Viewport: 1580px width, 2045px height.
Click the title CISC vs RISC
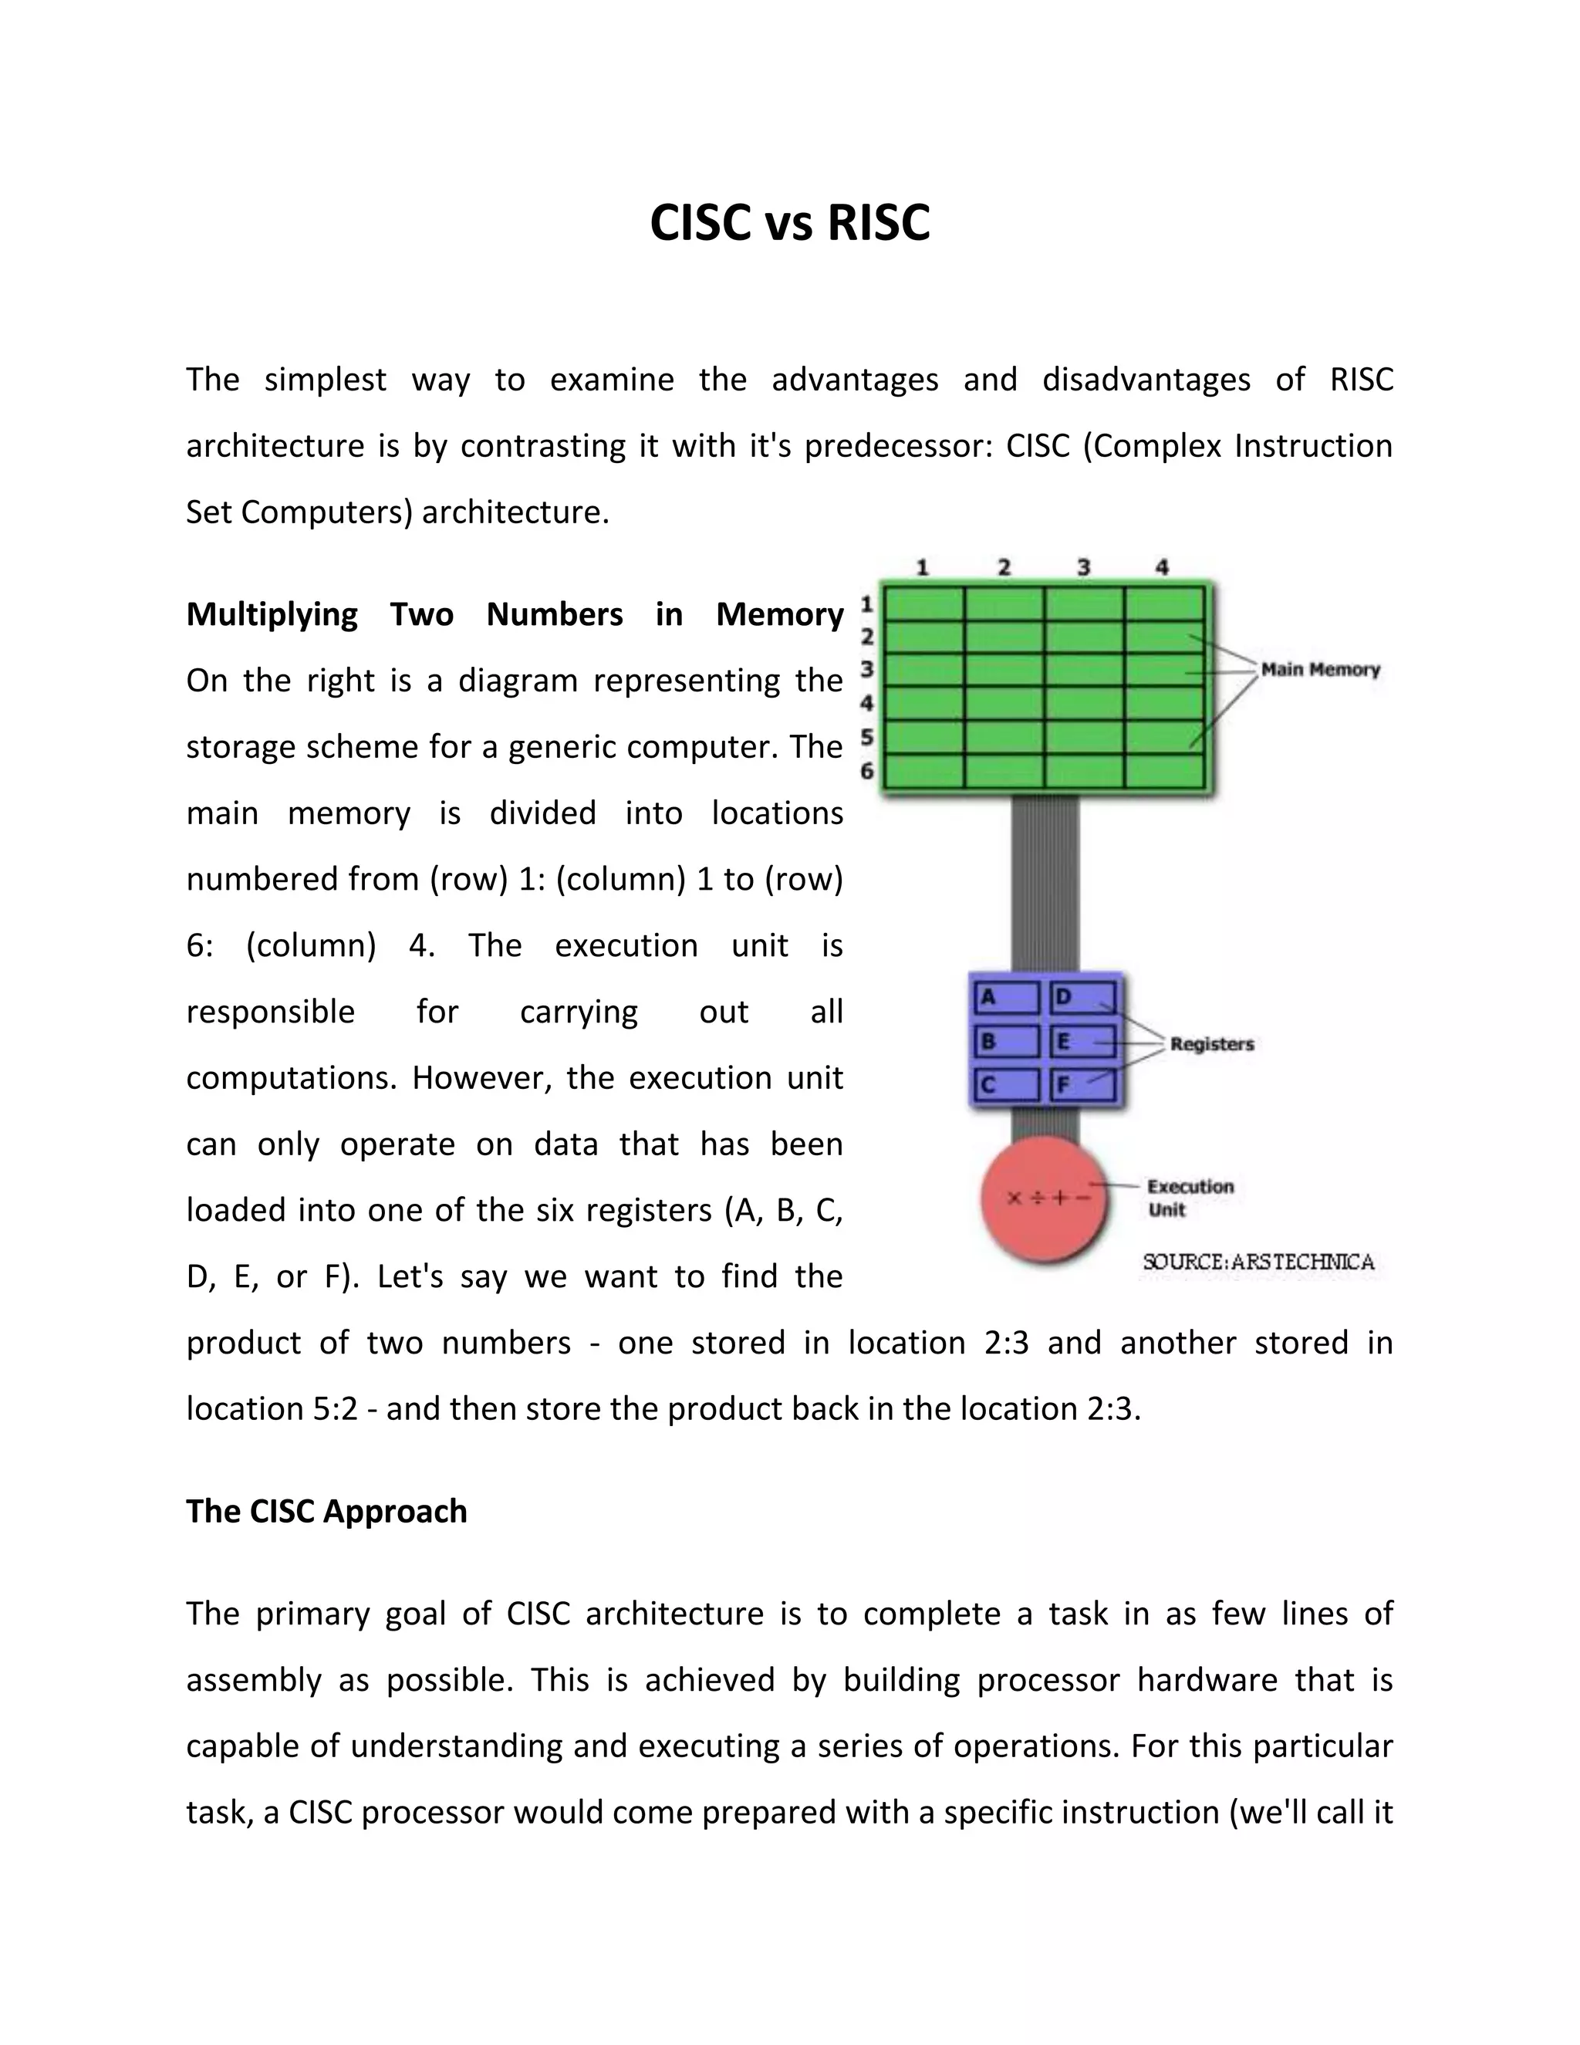click(789, 223)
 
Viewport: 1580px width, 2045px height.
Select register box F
click(1083, 1085)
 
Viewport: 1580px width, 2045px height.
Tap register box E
click(1083, 1041)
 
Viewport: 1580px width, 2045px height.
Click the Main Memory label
click(1320, 670)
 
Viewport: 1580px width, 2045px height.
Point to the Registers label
click(1211, 1044)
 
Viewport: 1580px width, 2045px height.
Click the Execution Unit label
click(1190, 1198)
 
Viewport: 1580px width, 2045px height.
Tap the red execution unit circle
click(1045, 1201)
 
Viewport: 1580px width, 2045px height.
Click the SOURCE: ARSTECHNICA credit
click(1258, 1262)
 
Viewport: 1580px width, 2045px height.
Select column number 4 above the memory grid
click(1162, 567)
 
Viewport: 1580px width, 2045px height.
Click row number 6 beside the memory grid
click(866, 771)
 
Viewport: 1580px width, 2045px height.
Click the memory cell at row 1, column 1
click(923, 603)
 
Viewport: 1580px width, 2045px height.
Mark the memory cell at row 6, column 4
click(1163, 772)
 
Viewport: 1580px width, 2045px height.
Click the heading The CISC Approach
click(326, 1511)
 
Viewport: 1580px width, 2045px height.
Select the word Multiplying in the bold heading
click(272, 614)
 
